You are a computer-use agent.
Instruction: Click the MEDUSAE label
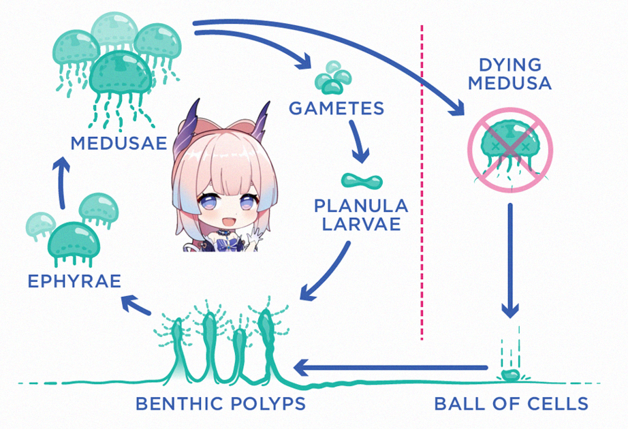click(x=119, y=143)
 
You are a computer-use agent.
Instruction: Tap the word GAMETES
click(x=336, y=108)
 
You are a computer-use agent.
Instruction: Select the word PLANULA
click(x=361, y=206)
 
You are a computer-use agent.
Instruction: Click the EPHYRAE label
click(x=74, y=281)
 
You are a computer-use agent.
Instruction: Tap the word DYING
click(x=510, y=65)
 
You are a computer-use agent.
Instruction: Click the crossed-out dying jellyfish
click(x=510, y=149)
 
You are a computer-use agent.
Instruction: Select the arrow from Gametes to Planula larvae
click(x=358, y=142)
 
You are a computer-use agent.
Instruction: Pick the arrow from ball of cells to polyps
click(x=390, y=367)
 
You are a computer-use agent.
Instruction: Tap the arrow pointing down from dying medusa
click(x=510, y=260)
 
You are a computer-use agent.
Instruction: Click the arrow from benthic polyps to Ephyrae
click(x=136, y=304)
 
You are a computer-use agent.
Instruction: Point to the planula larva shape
click(x=362, y=181)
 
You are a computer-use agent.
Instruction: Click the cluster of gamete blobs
click(x=332, y=78)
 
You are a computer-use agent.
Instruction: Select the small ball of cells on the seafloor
click(x=510, y=375)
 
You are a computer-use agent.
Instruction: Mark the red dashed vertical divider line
click(x=422, y=182)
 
